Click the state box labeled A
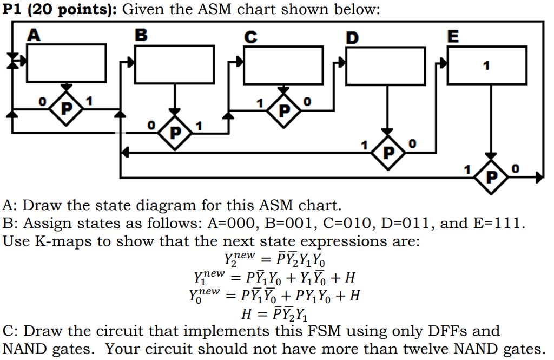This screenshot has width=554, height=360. [x=67, y=62]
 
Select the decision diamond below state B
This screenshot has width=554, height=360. [x=175, y=132]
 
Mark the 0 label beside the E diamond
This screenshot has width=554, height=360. [x=515, y=169]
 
